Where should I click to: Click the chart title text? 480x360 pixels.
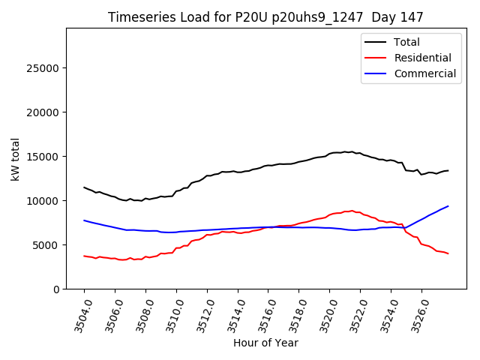click(x=265, y=17)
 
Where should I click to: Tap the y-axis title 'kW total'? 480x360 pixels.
click(x=16, y=158)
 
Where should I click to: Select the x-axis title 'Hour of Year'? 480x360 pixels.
click(x=265, y=343)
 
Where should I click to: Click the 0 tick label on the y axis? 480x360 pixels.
click(x=57, y=289)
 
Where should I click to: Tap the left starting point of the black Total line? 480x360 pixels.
click(x=84, y=187)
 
